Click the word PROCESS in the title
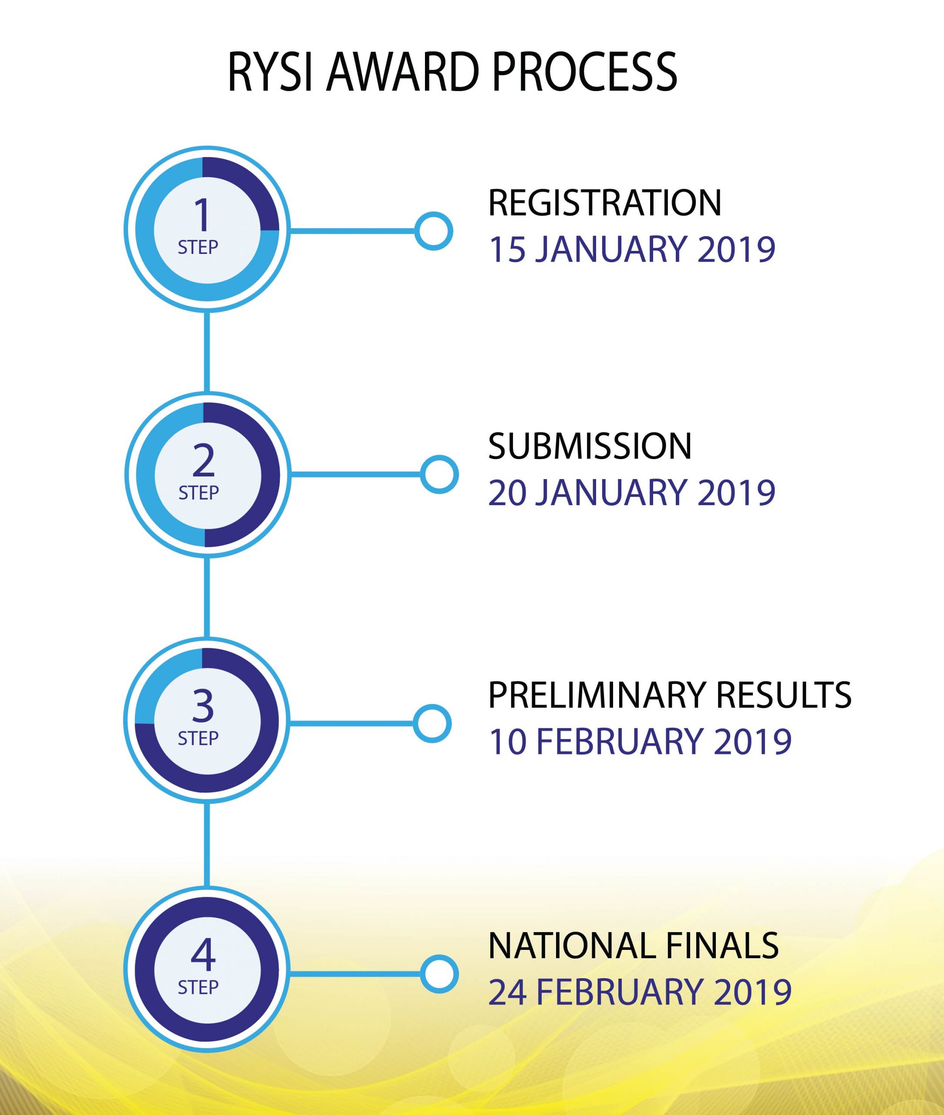point(584,72)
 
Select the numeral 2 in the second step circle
point(203,460)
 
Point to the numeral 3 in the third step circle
point(203,706)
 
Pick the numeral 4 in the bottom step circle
point(203,954)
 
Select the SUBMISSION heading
point(590,446)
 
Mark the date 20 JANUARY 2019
point(631,493)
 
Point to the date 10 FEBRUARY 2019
point(640,741)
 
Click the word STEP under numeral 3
point(198,739)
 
